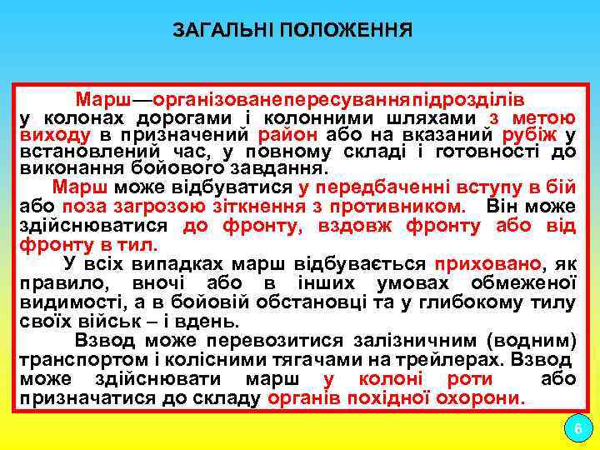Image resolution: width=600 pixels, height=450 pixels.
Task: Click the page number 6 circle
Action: coord(577,429)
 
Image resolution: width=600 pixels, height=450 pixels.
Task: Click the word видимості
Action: coord(64,302)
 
